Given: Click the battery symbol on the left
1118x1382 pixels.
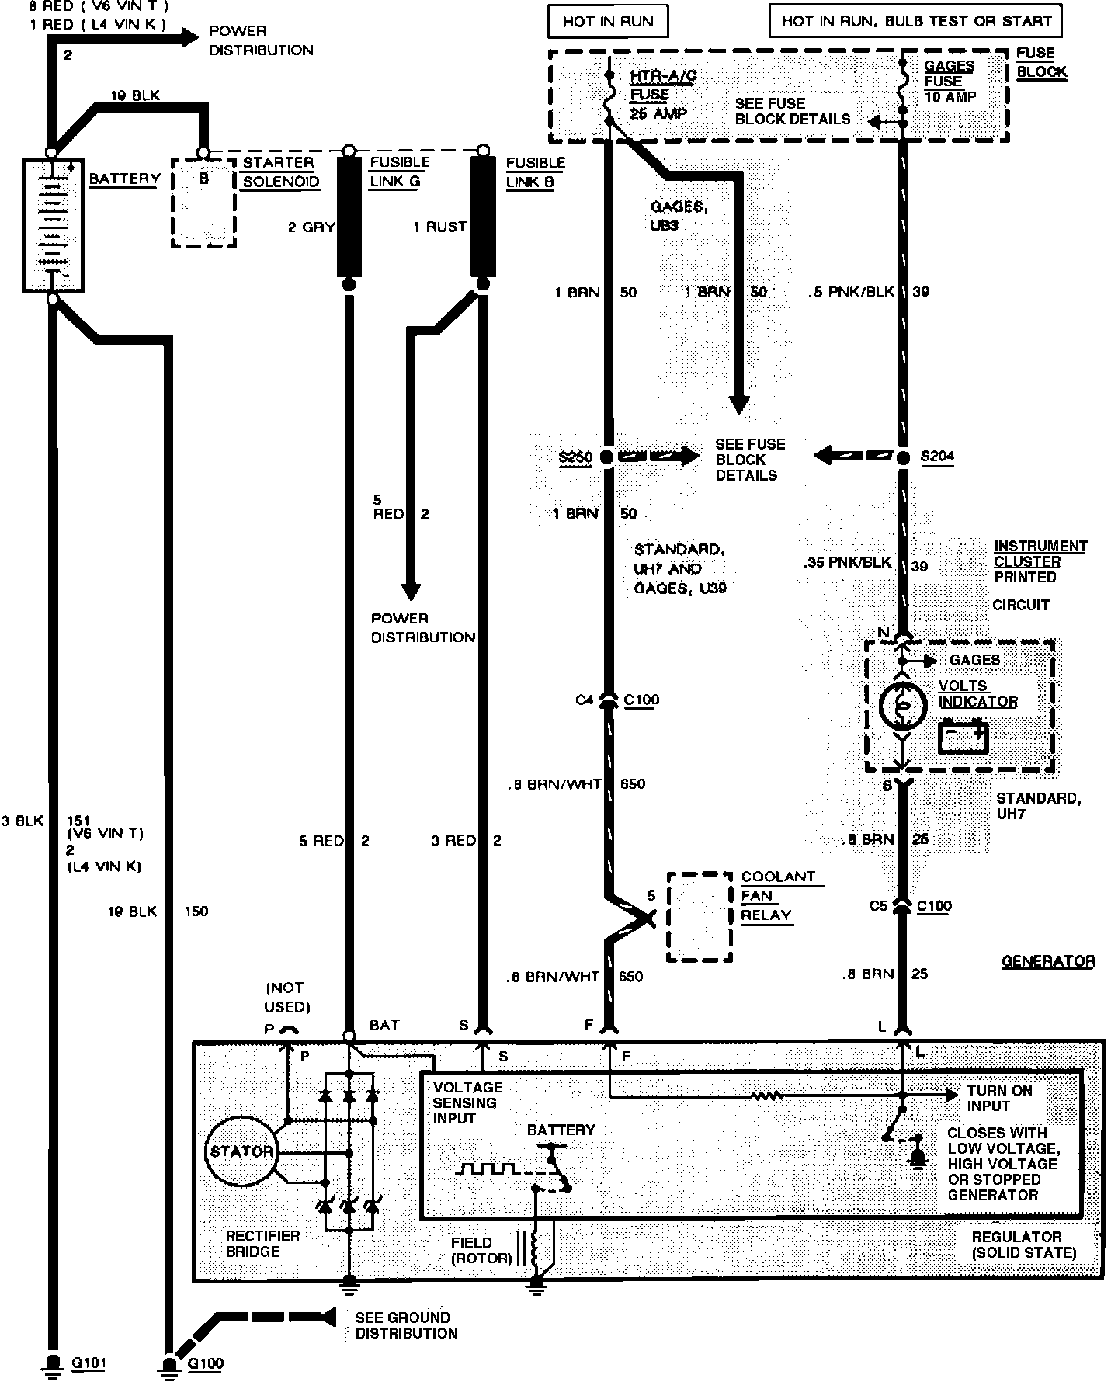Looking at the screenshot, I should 52,225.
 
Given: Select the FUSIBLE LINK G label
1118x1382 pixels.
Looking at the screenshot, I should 399,172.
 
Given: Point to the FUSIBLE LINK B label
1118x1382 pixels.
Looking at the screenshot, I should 535,172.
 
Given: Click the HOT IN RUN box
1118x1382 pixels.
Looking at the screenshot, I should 608,21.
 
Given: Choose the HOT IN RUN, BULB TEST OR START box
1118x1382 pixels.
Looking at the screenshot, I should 915,21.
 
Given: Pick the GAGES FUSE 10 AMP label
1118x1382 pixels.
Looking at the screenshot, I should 950,81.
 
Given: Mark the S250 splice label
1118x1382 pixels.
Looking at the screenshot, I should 575,457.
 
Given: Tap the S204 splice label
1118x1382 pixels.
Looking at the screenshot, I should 937,457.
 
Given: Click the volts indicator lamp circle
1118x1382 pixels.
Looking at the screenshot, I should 903,704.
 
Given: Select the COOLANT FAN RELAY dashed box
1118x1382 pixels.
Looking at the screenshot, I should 700,916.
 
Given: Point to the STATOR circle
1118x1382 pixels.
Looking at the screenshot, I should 241,1151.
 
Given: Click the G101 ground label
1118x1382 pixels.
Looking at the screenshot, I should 89,1363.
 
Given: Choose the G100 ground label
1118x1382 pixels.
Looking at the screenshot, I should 206,1363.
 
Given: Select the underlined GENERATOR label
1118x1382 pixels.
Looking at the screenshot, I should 1047,961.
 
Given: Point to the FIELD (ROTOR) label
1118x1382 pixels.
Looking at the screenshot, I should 481,1250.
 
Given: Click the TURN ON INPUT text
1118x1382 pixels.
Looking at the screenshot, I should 999,1098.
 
